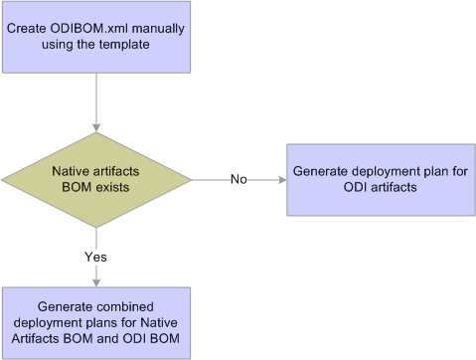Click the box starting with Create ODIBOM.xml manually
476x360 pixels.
(95, 38)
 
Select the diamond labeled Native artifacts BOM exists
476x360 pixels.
(95, 180)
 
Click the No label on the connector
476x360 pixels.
(238, 180)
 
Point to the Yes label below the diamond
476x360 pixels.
(95, 256)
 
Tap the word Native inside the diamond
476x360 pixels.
(72, 171)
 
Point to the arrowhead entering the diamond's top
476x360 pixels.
(95, 127)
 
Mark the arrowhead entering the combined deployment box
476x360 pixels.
(95, 282)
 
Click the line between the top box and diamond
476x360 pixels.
(95, 99)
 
